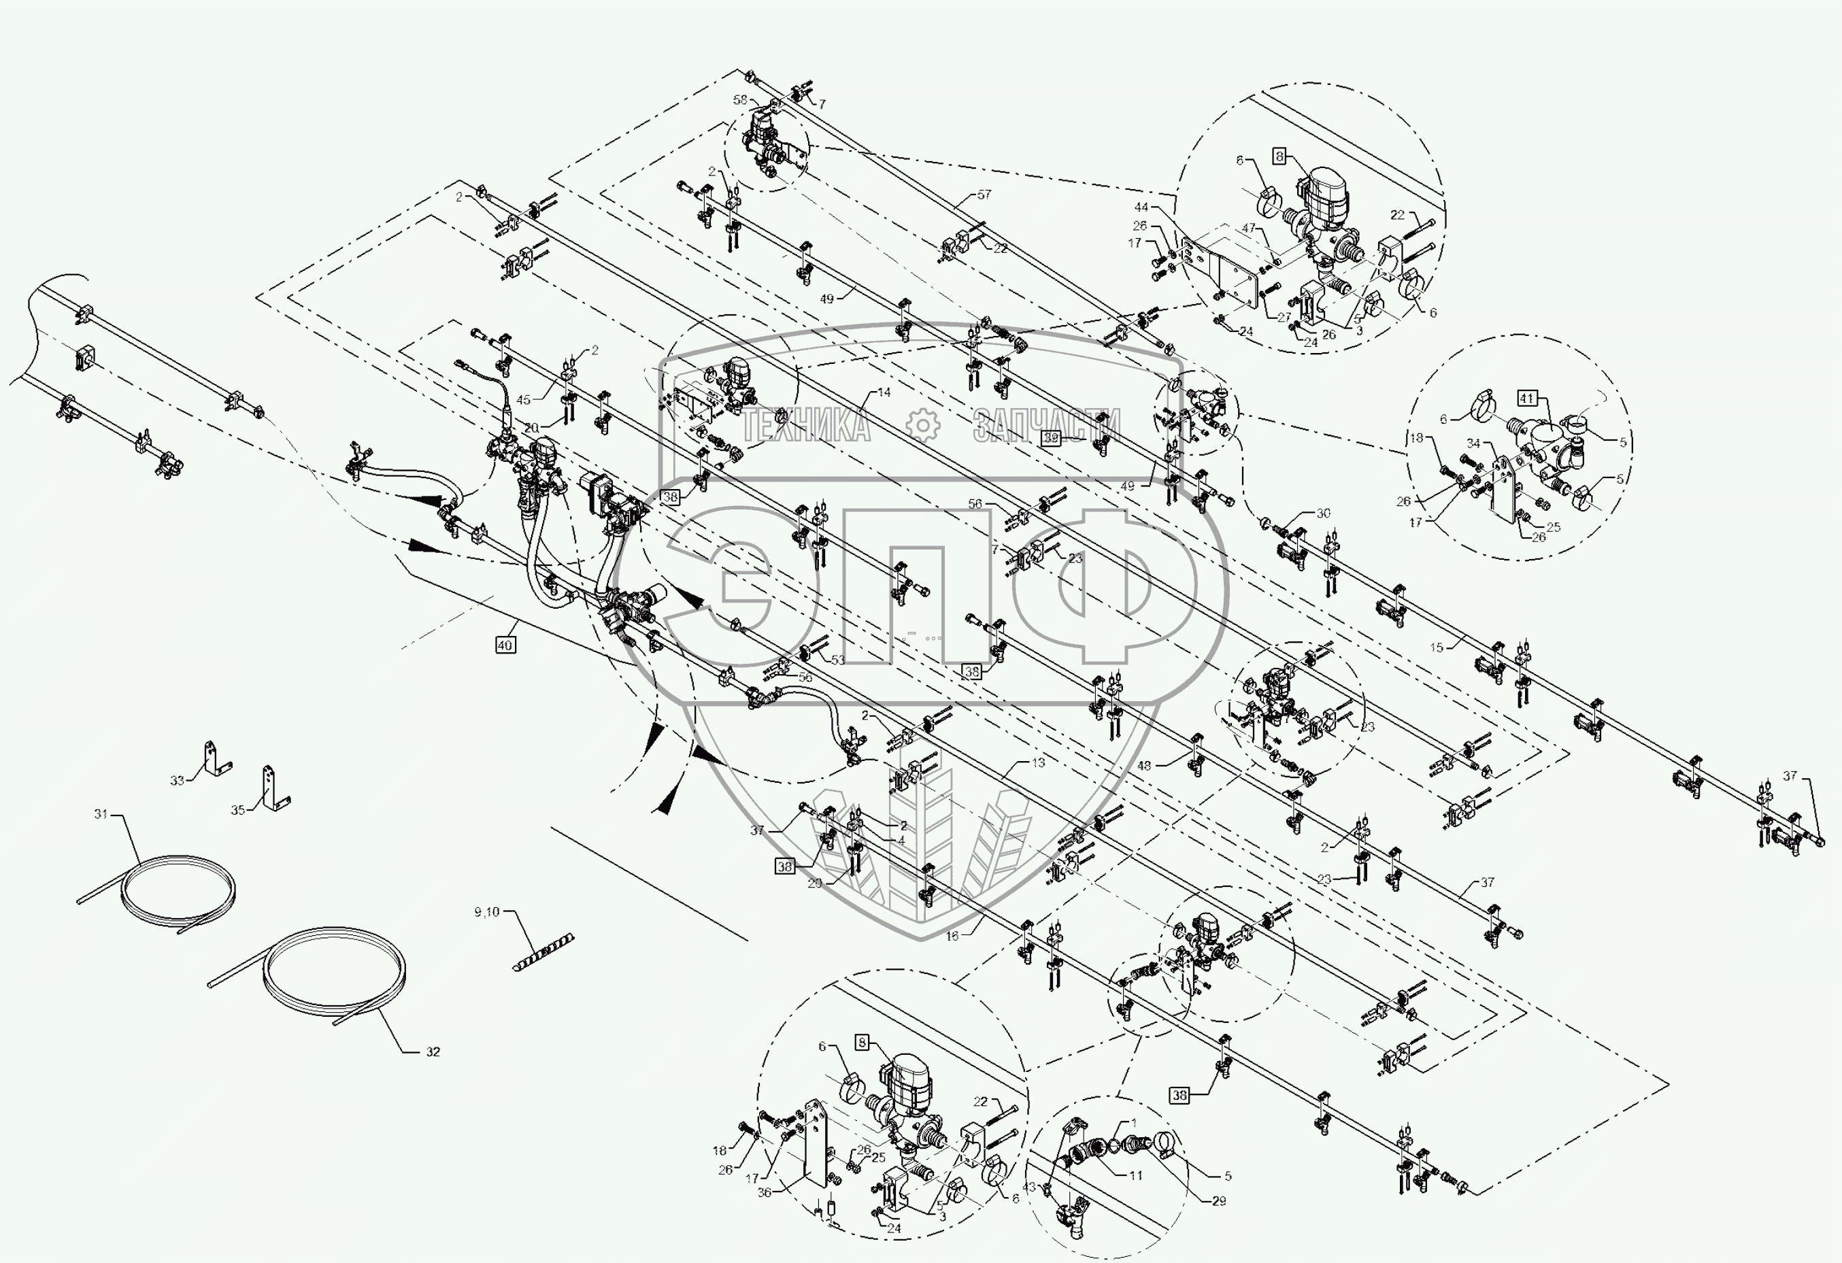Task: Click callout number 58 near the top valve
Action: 739,100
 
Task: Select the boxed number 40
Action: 505,645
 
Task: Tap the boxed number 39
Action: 1051,437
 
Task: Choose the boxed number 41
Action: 1527,399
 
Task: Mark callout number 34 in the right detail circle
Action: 1473,443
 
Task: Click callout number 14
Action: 884,392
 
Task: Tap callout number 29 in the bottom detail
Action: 1219,1201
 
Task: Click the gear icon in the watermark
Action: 922,426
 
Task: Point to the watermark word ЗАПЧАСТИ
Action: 1046,426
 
